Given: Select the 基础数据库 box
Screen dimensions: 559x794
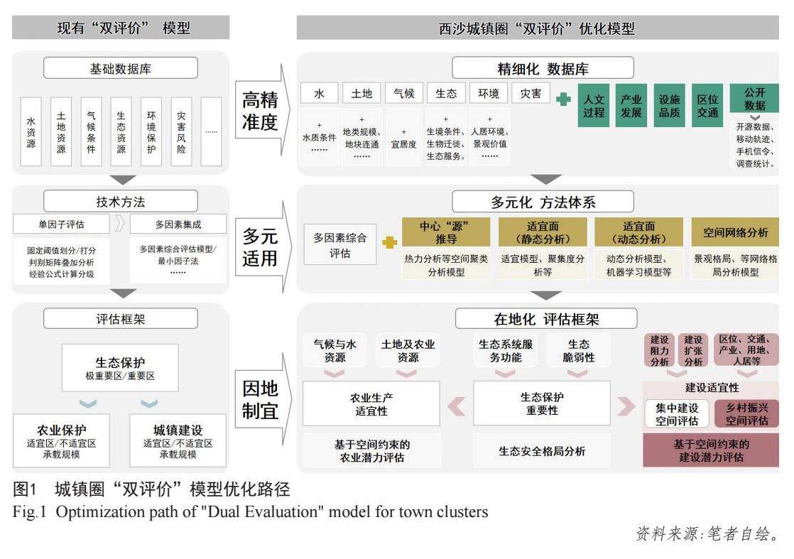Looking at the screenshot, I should (120, 69).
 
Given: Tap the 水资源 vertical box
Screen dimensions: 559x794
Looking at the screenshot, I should (31, 131).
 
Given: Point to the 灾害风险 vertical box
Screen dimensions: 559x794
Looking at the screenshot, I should (181, 131).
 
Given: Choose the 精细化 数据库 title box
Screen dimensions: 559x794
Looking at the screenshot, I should (543, 69).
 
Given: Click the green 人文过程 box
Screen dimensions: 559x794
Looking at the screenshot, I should (594, 107).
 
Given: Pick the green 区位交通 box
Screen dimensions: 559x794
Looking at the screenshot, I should (707, 107).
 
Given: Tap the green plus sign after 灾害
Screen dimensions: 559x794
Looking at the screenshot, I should (563, 99).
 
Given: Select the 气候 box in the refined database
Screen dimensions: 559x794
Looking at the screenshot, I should (404, 94).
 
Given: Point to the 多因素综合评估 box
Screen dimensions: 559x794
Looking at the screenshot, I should (339, 245).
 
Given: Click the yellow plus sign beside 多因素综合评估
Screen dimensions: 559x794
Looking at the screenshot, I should (389, 243).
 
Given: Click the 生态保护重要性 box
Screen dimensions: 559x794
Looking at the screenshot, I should (541, 403).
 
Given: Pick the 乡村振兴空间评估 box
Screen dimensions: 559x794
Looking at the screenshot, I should (746, 414).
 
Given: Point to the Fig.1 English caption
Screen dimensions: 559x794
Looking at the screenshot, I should (251, 511).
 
